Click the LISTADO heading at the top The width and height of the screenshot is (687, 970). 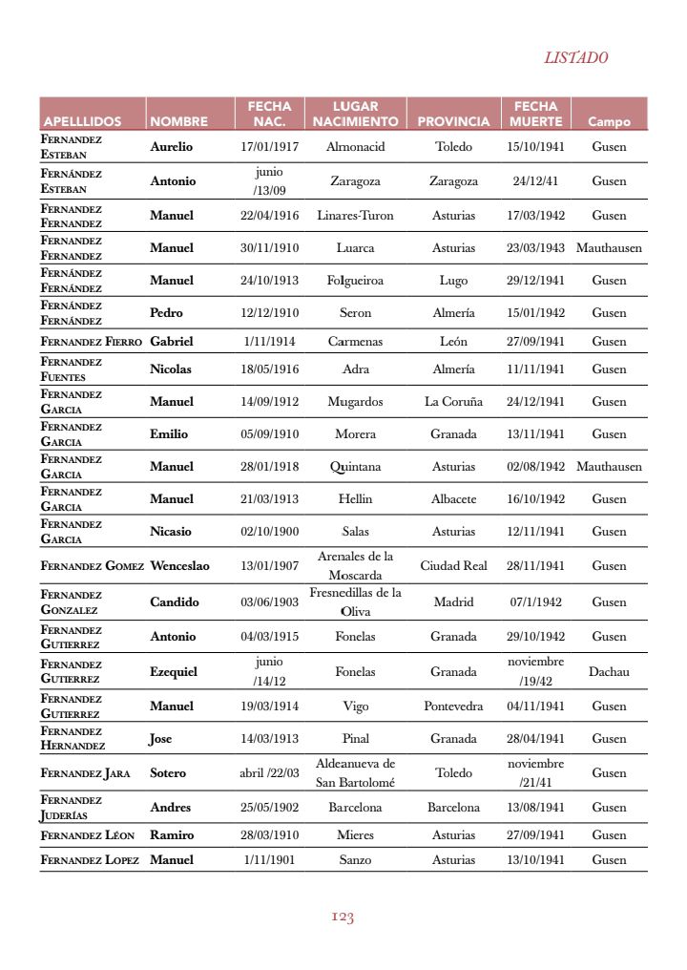pos(576,57)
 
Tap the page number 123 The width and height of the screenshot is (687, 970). pos(343,917)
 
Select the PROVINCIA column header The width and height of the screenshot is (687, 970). pos(453,122)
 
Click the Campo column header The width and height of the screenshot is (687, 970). pos(609,122)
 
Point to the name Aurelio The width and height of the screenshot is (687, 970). pos(172,147)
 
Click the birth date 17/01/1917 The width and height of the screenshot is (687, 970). pos(270,147)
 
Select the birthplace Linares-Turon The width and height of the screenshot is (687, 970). pos(355,216)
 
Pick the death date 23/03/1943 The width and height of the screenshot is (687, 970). pos(535,248)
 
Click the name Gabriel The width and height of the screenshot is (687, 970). pos(172,342)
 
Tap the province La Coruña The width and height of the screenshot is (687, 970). pos(453,402)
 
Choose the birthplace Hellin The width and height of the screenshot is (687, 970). pos(355,499)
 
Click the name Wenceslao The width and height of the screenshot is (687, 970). pos(180,566)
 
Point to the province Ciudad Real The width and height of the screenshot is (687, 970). pos(453,566)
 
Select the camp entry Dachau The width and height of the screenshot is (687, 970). pos(609,672)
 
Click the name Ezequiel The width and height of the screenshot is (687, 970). pos(174,672)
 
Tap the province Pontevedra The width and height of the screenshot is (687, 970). pos(453,706)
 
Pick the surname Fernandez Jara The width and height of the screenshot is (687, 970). pos(85,773)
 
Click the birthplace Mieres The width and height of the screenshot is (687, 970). pos(355,835)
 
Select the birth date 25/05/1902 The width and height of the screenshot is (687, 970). pos(270,808)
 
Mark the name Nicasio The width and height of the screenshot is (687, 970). pos(171,532)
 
